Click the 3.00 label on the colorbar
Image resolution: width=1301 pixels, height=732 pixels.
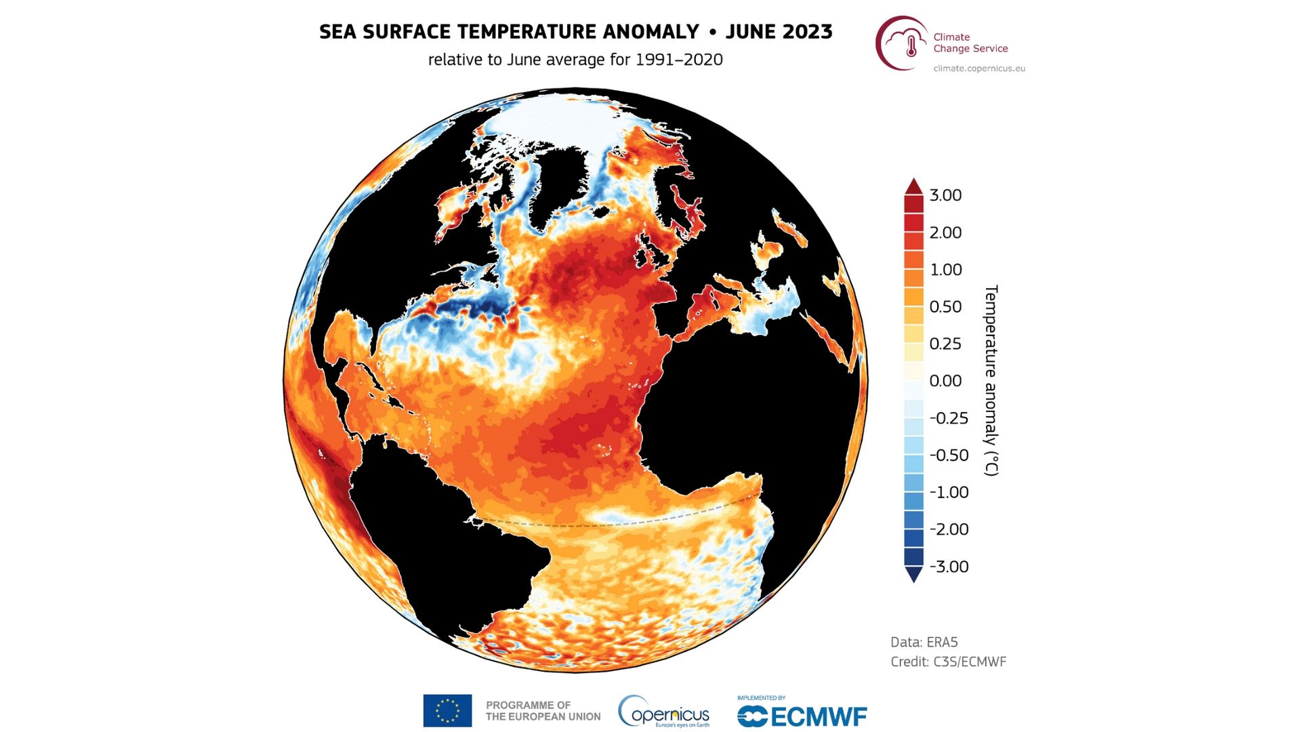(x=945, y=195)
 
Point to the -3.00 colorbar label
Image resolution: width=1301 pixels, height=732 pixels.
(x=949, y=567)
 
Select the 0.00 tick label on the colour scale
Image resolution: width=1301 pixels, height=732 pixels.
(x=945, y=381)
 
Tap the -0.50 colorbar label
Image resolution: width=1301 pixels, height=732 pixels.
(x=949, y=455)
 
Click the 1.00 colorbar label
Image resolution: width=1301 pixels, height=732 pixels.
(x=945, y=270)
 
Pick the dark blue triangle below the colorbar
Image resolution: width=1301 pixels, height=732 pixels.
(x=913, y=575)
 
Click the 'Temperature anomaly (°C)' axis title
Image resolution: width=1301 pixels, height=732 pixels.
(x=991, y=380)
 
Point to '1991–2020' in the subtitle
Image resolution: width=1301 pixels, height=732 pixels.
(x=679, y=60)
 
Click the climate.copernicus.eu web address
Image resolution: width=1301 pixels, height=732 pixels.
(x=979, y=68)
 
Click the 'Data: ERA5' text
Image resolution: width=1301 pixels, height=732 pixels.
(x=924, y=642)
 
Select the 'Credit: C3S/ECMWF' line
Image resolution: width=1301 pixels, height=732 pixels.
(x=948, y=662)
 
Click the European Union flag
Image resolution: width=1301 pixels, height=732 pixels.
(x=447, y=710)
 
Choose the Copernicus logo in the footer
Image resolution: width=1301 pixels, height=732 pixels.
(x=664, y=712)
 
